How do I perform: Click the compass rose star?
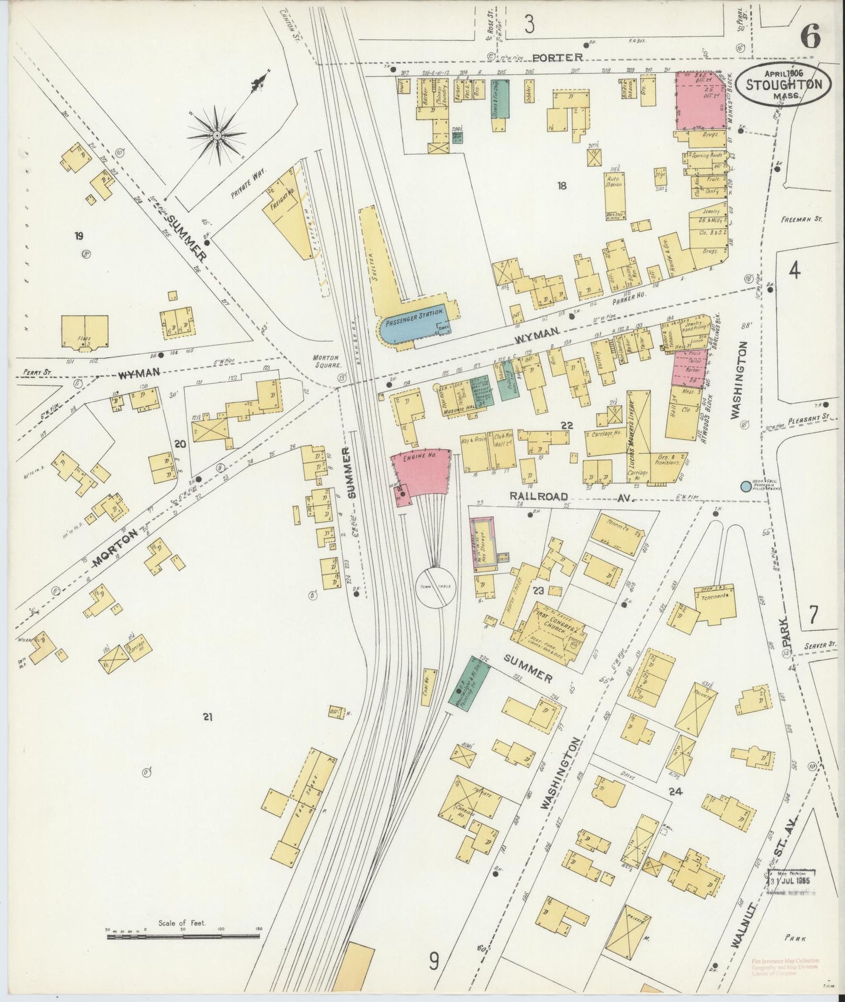click(x=216, y=135)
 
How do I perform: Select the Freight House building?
click(x=287, y=213)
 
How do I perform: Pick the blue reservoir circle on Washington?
click(x=746, y=486)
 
